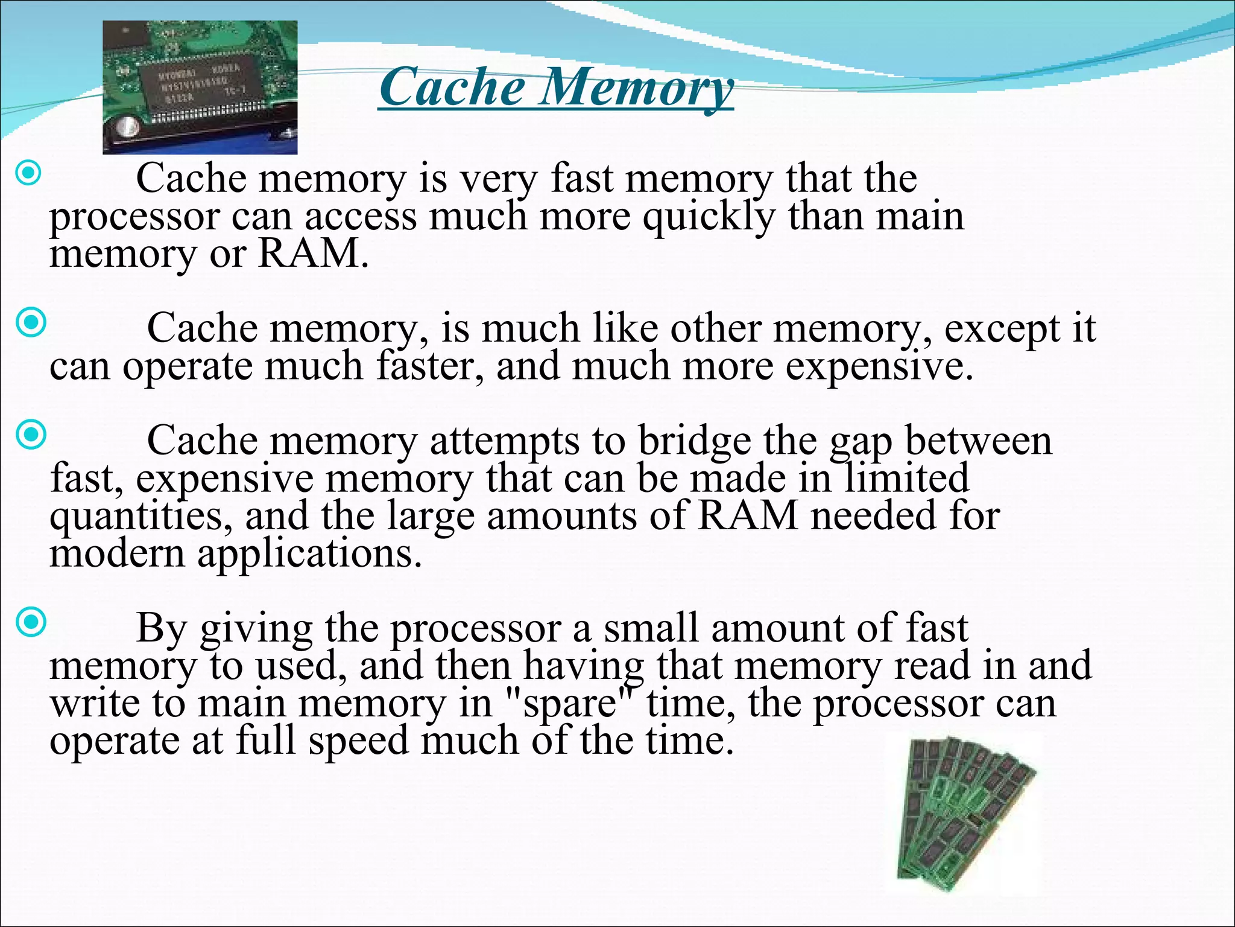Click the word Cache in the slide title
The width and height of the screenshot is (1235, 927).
point(452,88)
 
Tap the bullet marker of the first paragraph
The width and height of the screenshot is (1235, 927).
point(28,174)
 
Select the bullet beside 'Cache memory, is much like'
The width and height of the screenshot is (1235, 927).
point(30,322)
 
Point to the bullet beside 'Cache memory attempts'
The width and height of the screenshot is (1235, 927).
point(30,435)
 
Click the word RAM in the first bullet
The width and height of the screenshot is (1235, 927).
point(312,253)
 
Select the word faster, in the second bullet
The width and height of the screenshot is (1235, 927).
point(429,366)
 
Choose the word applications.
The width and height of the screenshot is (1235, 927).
point(309,554)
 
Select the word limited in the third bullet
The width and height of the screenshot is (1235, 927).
point(906,479)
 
